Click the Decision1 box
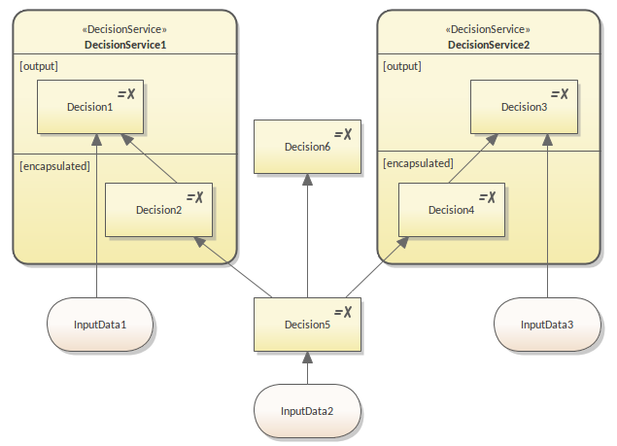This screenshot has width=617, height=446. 90,107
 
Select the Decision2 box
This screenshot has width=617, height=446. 158,210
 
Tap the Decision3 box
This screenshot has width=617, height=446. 525,107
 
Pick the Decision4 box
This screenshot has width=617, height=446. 452,210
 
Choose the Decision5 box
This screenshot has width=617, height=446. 307,325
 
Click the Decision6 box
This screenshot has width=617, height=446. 307,147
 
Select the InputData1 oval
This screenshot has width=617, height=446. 101,324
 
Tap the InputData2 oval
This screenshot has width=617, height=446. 307,410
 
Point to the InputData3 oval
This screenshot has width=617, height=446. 547,324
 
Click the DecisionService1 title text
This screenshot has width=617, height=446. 125,45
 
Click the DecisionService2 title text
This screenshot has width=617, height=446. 489,45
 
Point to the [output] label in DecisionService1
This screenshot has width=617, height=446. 39,66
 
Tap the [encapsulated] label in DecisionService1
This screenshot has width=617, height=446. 54,166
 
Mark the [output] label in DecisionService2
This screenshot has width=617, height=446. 402,66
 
